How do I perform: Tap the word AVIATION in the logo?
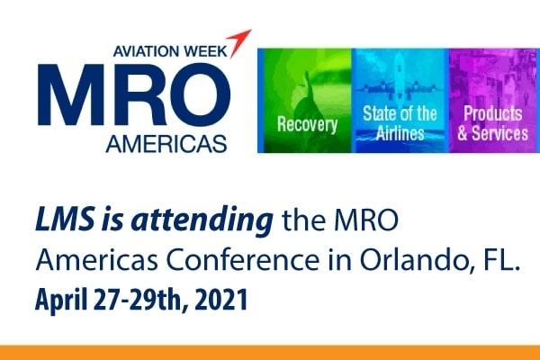coord(147,51)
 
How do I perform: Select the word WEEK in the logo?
coord(205,51)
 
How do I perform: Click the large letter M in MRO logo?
coord(69,94)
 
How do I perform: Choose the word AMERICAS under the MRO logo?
coord(166,143)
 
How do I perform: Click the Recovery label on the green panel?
coord(307,124)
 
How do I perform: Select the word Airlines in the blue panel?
coord(400,133)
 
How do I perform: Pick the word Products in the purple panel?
coord(493,113)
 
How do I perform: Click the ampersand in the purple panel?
coord(463,133)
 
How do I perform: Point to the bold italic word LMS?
coord(65,219)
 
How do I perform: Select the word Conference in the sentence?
coord(242,260)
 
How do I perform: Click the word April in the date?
coord(61,300)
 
